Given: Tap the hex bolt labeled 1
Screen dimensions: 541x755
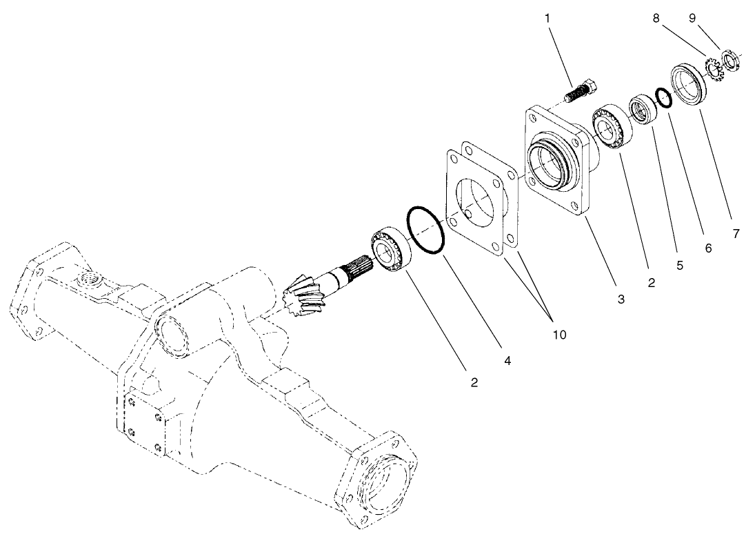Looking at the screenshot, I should pyautogui.click(x=581, y=92).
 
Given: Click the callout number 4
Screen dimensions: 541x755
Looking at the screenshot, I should pyautogui.click(x=507, y=360).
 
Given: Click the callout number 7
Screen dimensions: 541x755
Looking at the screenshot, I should pyautogui.click(x=736, y=234).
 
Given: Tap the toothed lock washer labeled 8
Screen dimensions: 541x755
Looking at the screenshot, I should pyautogui.click(x=712, y=70).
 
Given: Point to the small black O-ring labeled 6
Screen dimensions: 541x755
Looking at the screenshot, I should pyautogui.click(x=663, y=98).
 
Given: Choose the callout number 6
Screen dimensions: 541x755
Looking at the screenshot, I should pyautogui.click(x=708, y=248).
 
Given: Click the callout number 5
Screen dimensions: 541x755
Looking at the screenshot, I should pyautogui.click(x=680, y=264).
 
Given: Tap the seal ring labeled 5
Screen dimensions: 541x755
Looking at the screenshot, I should pyautogui.click(x=643, y=111).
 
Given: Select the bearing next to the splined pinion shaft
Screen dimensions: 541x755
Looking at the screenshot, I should pyautogui.click(x=390, y=248).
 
